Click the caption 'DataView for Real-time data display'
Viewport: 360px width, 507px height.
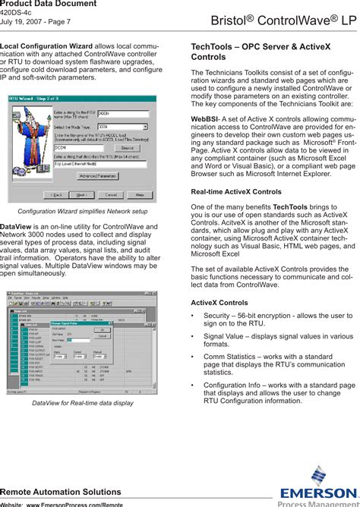coord(82,403)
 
